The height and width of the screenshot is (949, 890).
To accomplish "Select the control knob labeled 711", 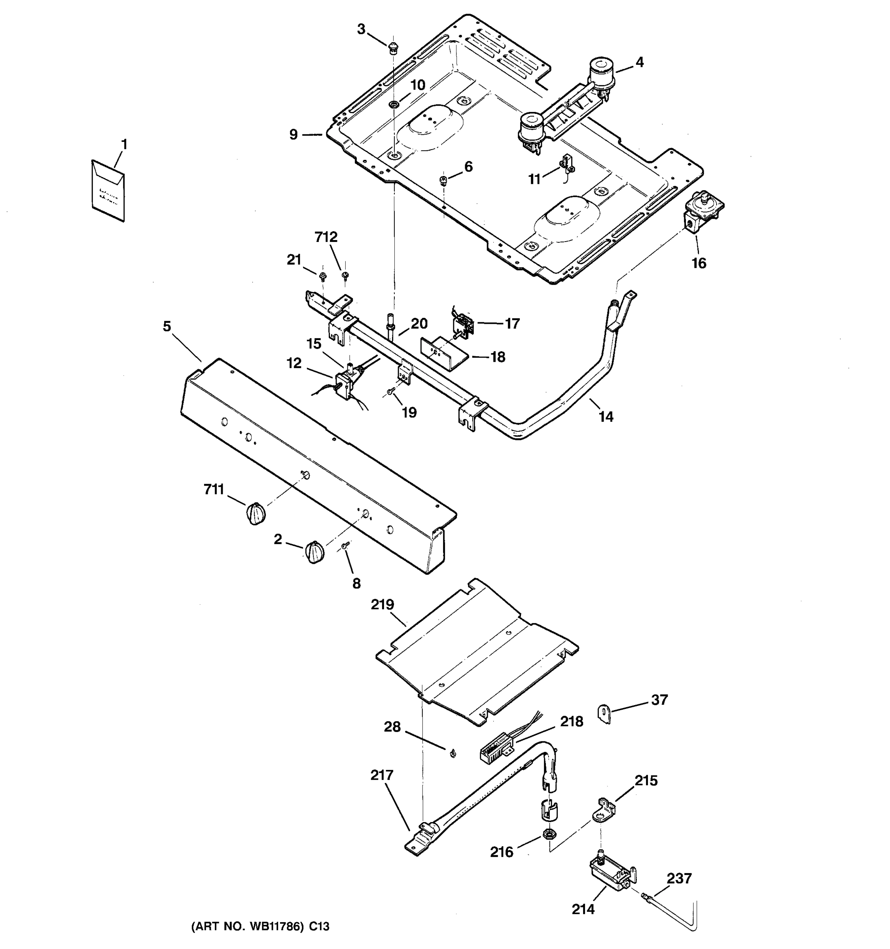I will tap(256, 514).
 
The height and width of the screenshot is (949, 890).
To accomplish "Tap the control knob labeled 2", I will tap(314, 552).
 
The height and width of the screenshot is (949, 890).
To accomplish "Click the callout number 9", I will tap(294, 134).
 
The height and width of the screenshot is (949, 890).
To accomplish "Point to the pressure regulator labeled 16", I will tap(702, 212).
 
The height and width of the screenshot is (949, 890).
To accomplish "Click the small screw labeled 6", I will tap(443, 180).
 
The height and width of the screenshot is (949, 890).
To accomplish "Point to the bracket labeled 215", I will tap(604, 811).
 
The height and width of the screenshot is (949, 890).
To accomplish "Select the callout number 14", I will tap(606, 417).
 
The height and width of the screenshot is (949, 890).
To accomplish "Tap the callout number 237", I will tap(678, 878).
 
